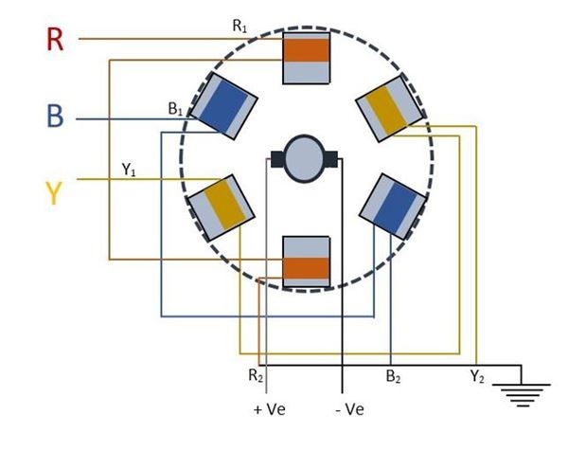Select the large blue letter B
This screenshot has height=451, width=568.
56,118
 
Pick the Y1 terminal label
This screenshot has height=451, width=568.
130,170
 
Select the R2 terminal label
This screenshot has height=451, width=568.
255,376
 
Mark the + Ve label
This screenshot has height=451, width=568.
270,409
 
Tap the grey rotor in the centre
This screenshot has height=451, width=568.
306,157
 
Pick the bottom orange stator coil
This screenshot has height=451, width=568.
307,262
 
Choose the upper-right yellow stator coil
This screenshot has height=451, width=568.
390,108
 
